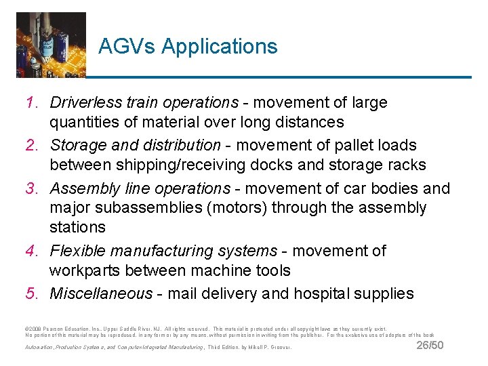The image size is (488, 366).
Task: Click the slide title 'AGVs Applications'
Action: (188, 46)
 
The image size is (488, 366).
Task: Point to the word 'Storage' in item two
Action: (77, 145)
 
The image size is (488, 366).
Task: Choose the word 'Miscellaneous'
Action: (102, 293)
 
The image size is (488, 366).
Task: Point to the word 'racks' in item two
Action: (407, 165)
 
